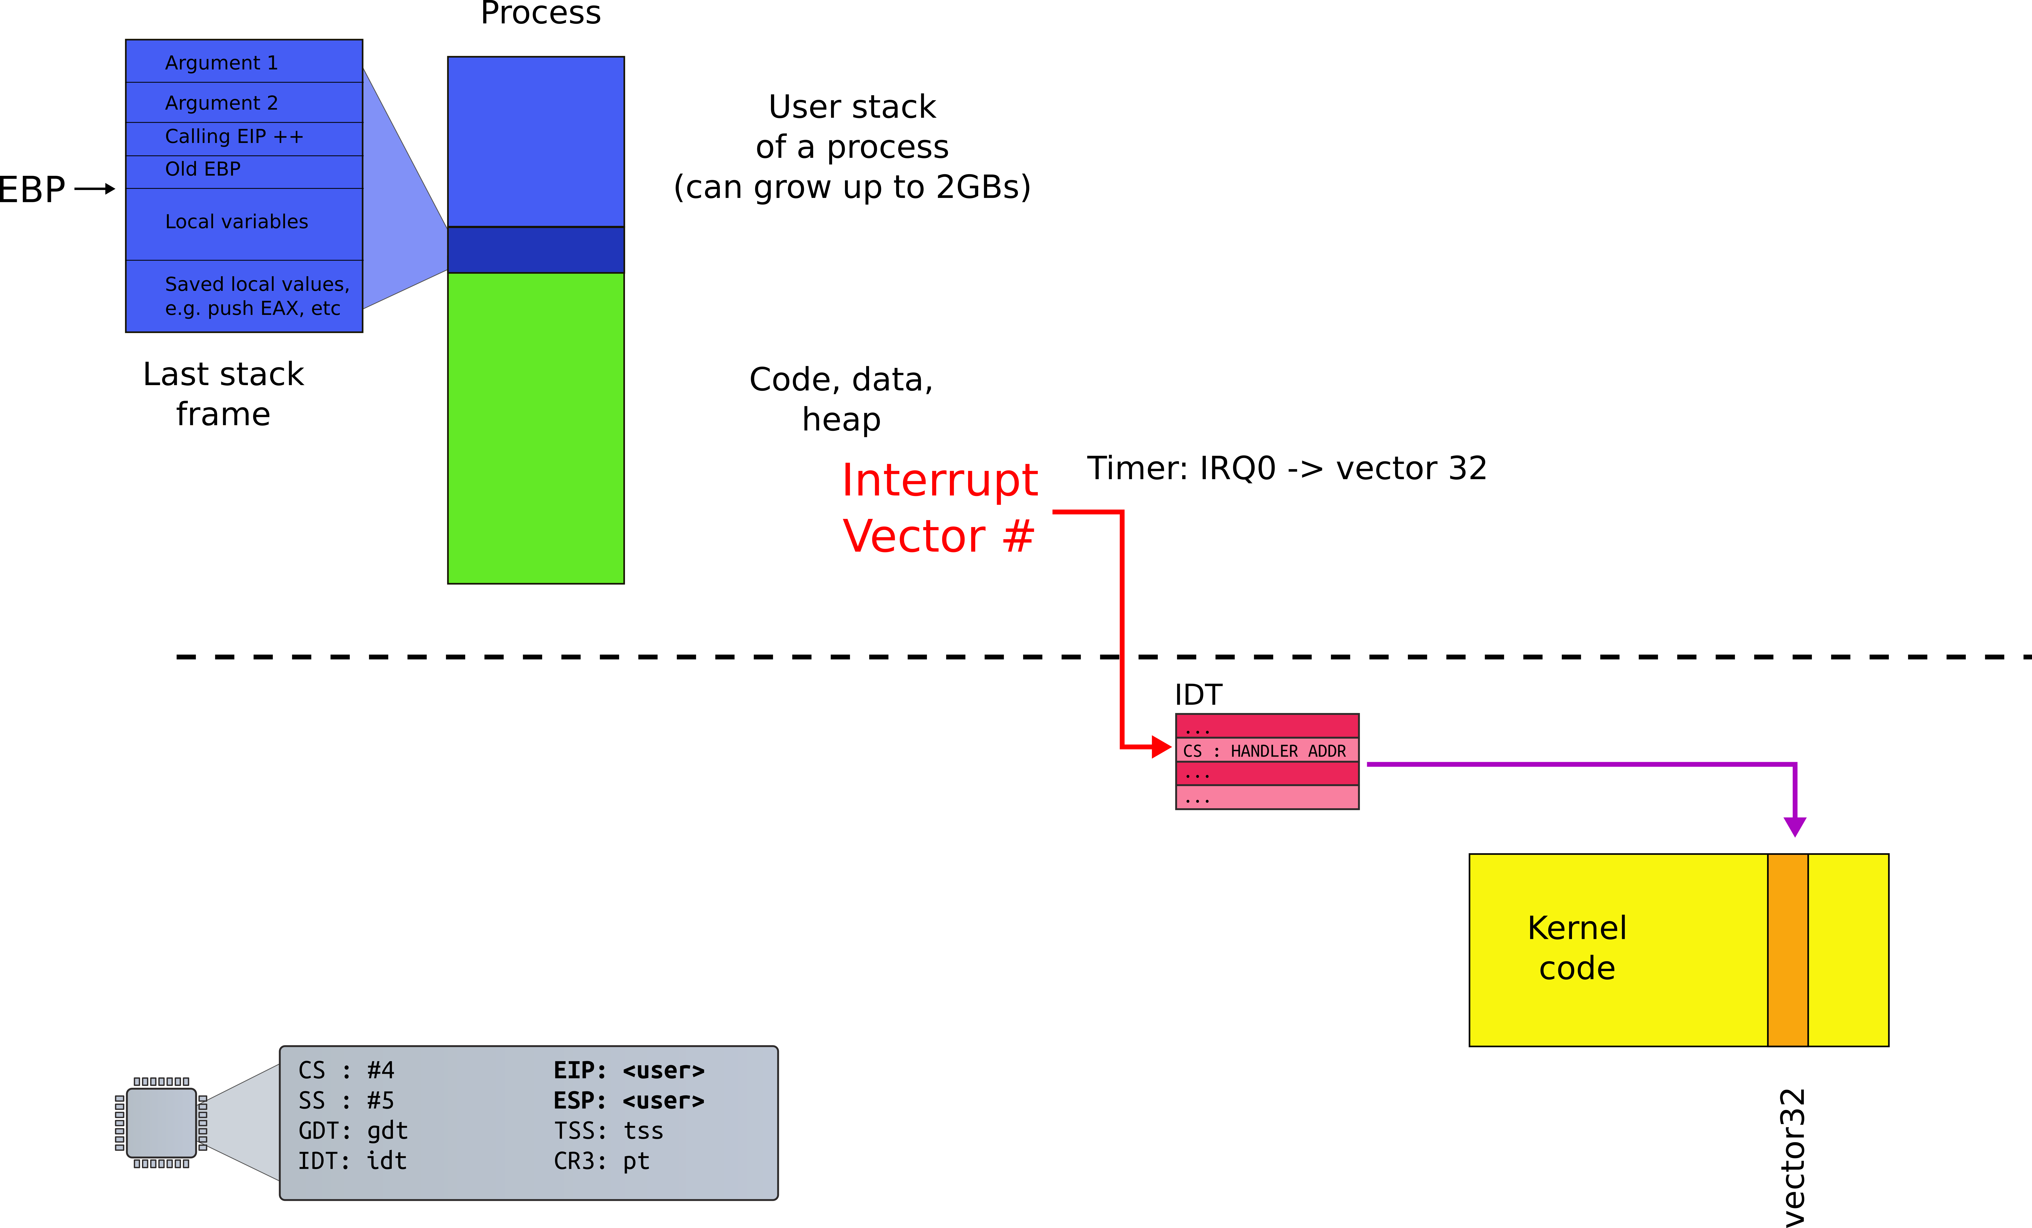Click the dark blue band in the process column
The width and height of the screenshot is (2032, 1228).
535,249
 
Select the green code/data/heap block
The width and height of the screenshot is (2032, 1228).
535,427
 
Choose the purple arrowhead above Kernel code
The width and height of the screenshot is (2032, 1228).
1794,826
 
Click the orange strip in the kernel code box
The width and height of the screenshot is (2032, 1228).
1787,949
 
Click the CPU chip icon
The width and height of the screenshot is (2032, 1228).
162,1122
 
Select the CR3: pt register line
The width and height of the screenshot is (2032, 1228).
601,1161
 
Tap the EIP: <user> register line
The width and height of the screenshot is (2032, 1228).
628,1070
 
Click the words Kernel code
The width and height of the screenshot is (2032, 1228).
1576,948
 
